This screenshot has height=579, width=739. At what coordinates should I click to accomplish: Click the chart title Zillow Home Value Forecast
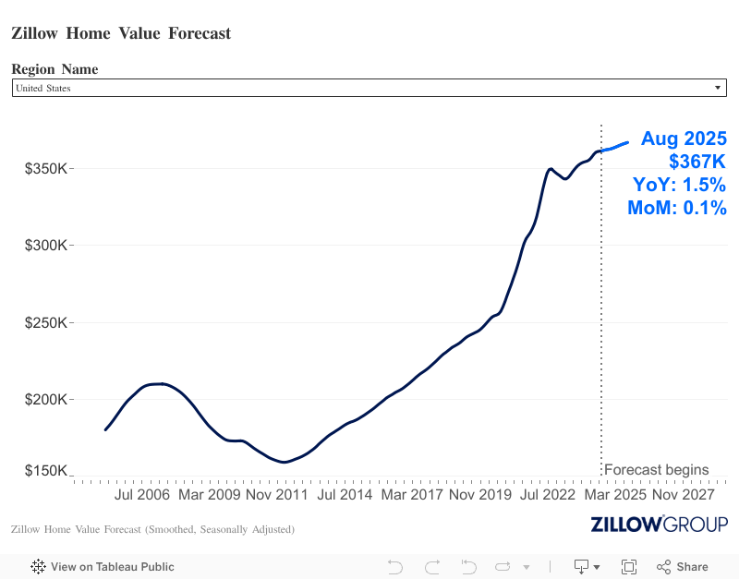121,33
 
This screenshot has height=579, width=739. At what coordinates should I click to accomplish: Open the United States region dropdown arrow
718,88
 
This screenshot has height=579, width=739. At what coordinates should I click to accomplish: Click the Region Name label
55,69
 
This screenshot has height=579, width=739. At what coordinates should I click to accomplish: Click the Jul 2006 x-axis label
142,495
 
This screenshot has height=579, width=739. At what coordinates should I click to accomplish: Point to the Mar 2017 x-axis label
412,495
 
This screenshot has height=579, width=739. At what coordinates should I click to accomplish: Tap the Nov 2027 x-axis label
684,495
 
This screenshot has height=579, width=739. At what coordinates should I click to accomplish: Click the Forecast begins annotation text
656,469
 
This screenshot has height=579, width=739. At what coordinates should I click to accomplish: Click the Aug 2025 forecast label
684,139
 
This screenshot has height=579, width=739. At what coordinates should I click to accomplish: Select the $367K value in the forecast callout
697,162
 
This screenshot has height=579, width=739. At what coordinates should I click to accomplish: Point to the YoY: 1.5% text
680,185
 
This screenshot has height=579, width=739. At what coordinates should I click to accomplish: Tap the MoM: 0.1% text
677,208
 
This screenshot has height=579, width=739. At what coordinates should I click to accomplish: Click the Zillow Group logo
659,525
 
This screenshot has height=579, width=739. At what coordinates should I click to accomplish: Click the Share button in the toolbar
683,567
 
